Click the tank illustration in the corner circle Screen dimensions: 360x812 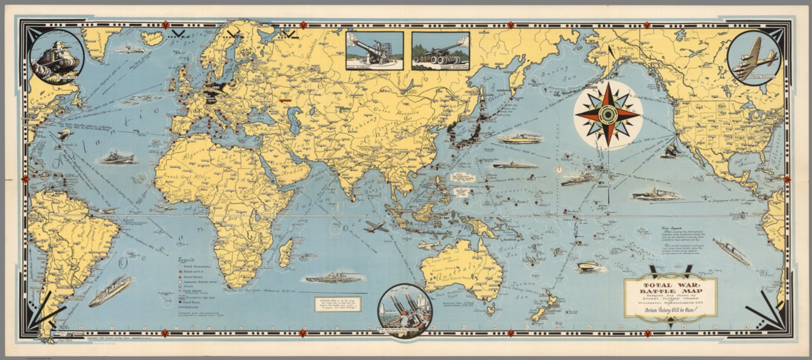pyautogui.click(x=57, y=57)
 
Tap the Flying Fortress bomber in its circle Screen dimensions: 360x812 pyautogui.click(x=754, y=58)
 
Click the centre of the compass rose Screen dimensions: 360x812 pyautogui.click(x=608, y=115)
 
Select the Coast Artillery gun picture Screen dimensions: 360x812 pyautogui.click(x=374, y=50)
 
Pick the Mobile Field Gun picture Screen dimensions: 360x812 pyautogui.click(x=440, y=50)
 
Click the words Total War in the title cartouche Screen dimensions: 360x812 pyautogui.click(x=669, y=285)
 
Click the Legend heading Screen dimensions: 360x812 pyautogui.click(x=186, y=261)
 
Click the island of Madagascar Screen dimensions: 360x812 pyautogui.click(x=285, y=252)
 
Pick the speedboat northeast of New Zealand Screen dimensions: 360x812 pyautogui.click(x=588, y=266)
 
